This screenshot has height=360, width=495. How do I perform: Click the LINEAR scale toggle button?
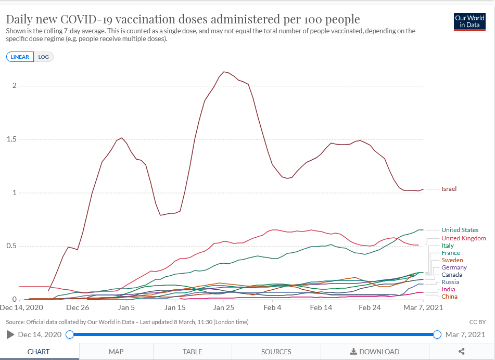[x=20, y=57]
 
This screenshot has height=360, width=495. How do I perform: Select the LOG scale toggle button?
[x=44, y=57]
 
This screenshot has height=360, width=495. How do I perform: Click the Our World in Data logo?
[x=469, y=21]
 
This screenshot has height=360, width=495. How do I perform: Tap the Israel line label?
[x=449, y=189]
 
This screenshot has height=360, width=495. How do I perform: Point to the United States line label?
[x=460, y=230]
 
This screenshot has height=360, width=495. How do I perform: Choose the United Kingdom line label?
[x=463, y=238]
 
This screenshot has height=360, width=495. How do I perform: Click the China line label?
[x=449, y=297]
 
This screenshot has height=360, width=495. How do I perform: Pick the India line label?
[x=448, y=289]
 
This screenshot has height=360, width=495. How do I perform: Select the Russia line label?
[x=450, y=282]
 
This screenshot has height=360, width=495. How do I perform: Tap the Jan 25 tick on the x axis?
[x=223, y=307]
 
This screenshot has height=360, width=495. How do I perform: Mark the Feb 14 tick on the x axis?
[x=321, y=307]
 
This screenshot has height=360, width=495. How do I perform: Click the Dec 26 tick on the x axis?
[x=77, y=307]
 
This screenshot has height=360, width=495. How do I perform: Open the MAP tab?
[x=116, y=352]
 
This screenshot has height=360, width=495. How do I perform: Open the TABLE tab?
[x=193, y=352]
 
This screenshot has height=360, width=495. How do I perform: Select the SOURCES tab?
[x=276, y=352]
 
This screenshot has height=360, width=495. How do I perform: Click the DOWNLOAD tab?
[x=375, y=352]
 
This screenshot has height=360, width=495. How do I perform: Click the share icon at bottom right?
[x=462, y=352]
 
